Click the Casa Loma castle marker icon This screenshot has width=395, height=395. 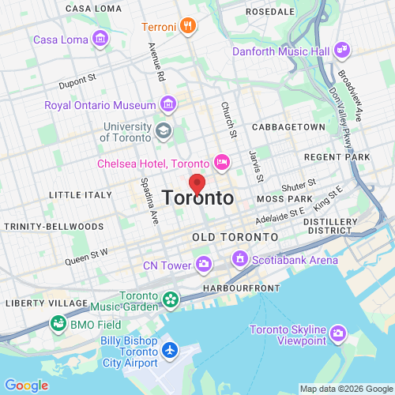(100, 38)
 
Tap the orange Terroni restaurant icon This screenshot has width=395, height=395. (187, 26)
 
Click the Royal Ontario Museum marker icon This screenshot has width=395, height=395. (167, 103)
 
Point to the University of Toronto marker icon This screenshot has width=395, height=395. (164, 130)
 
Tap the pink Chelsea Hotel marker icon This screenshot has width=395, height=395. (222, 163)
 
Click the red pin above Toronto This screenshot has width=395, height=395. (197, 183)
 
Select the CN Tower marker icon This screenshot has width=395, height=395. (204, 264)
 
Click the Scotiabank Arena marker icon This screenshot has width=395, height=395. (238, 258)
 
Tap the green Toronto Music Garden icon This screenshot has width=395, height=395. (169, 299)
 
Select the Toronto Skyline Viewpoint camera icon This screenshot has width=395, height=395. (338, 334)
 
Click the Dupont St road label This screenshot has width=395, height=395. (77, 80)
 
